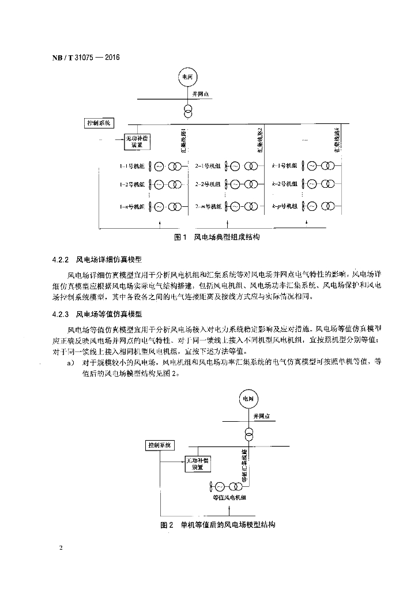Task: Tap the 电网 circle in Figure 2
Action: [x=247, y=399]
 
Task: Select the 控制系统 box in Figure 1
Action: [x=98, y=123]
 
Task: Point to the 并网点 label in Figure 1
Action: [x=199, y=95]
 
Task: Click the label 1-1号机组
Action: [x=133, y=167]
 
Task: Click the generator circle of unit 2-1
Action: [x=235, y=167]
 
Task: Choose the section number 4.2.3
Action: [x=60, y=315]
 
